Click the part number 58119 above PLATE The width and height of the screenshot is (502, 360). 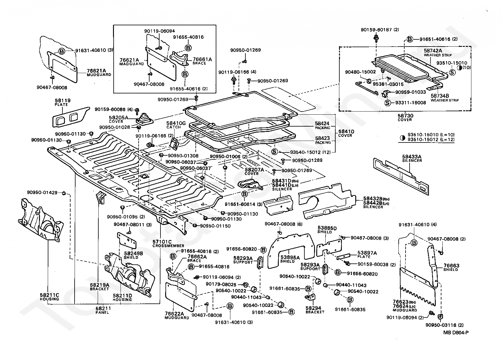pos(63,101)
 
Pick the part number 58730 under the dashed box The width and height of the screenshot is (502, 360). pos(405,116)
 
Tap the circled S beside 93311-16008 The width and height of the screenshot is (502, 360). pos(387,102)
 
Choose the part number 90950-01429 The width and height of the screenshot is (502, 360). pos(42,192)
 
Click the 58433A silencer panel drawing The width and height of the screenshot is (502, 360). pos(400,175)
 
